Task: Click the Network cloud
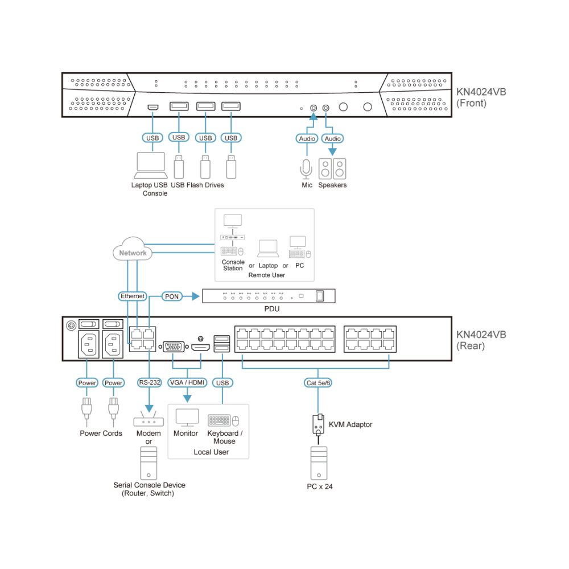[133, 249]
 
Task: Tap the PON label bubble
[172, 296]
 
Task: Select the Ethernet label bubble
[133, 296]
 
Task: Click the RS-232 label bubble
[150, 382]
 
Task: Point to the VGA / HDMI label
[187, 382]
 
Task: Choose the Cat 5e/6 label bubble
[318, 383]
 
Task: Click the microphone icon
[306, 169]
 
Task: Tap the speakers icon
[332, 169]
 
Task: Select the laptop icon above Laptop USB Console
[151, 166]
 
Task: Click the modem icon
[149, 419]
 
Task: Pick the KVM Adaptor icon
[318, 425]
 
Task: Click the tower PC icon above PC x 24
[319, 463]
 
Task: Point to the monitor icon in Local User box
[187, 418]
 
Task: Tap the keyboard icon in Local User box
[220, 420]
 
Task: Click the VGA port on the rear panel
[174, 347]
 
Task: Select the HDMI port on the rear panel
[201, 348]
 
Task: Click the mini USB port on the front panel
[152, 107]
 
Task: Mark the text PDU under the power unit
[272, 309]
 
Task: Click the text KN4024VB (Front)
[481, 98]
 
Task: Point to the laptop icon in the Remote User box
[268, 248]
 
